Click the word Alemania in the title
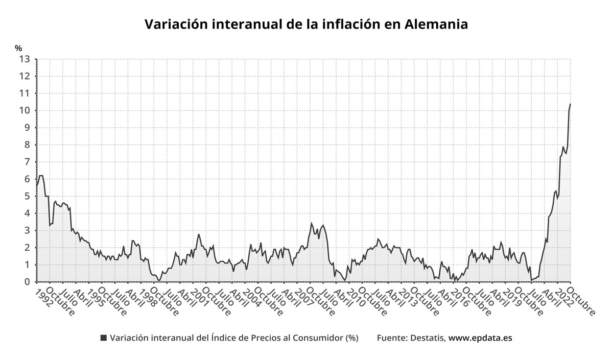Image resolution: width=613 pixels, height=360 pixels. [x=436, y=24]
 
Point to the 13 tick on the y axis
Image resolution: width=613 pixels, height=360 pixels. [x=25, y=59]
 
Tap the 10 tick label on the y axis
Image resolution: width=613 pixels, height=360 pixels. [x=25, y=110]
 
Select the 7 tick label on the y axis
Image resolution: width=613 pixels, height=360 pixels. [x=27, y=162]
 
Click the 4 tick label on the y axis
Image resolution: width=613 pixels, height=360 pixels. [x=27, y=213]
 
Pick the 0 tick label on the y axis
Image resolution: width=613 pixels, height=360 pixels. [x=27, y=282]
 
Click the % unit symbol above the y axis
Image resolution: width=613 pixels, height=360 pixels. [x=18, y=48]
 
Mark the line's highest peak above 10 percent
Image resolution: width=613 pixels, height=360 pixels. [x=570, y=104]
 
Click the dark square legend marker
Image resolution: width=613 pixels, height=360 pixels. [x=104, y=338]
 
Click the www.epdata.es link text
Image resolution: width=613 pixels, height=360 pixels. [x=480, y=338]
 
